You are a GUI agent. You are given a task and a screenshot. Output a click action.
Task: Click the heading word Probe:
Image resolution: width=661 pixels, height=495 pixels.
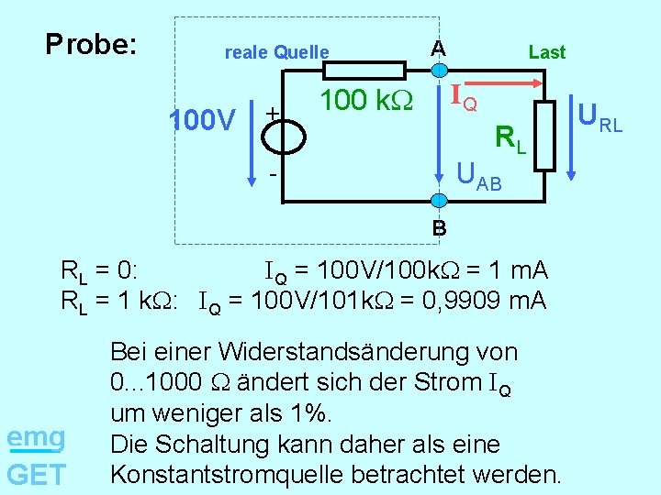pos(91,44)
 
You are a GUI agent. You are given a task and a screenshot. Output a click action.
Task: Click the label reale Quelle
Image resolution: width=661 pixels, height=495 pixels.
pos(276,53)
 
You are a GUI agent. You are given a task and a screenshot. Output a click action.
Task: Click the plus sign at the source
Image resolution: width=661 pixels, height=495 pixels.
pos(272,111)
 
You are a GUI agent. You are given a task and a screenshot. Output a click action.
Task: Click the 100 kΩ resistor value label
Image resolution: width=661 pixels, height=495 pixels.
pos(366,100)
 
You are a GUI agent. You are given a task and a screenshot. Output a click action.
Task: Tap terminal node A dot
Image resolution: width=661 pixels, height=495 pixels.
pos(440,71)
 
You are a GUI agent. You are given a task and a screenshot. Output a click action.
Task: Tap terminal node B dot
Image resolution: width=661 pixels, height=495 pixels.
pos(440,201)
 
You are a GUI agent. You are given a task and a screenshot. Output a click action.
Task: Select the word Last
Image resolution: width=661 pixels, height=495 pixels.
pos(547,53)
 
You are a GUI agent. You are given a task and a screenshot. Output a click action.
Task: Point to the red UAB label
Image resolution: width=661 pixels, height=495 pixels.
pos(478,174)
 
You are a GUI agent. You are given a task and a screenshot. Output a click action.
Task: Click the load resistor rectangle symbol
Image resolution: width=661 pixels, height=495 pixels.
pos(545,136)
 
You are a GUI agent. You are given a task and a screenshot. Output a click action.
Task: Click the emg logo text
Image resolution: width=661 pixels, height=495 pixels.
pos(35,438)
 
